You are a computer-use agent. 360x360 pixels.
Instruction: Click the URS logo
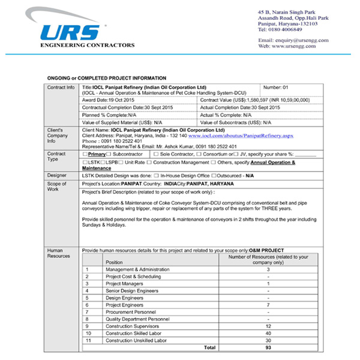point(73,29)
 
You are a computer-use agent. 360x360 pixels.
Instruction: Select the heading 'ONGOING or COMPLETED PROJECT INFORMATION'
point(107,78)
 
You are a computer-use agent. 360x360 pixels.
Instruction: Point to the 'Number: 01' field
point(277,87)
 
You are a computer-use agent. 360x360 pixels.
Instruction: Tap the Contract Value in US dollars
point(252,100)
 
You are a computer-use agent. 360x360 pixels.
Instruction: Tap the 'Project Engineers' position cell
point(125,304)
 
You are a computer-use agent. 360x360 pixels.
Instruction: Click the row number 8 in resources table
point(88,319)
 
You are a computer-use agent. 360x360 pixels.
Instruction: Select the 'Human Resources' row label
point(59,252)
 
